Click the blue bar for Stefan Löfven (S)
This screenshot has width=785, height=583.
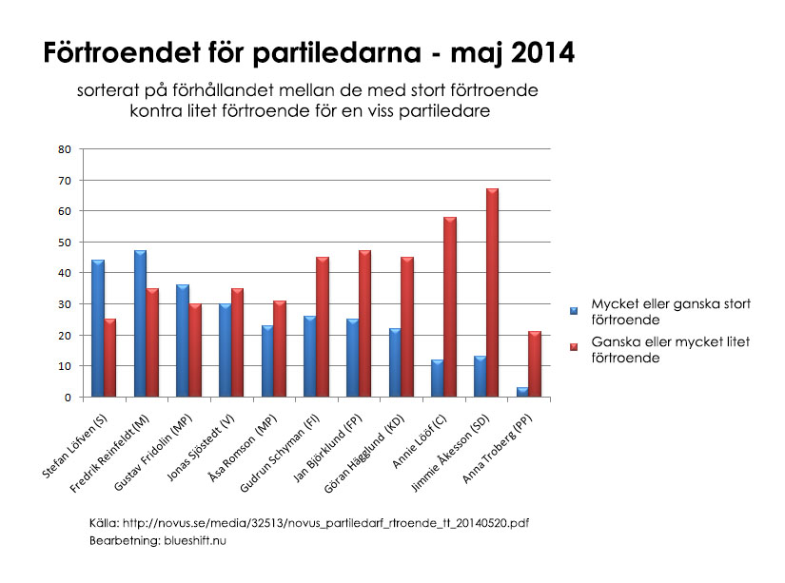98,328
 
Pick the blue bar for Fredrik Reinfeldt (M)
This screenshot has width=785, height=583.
140,323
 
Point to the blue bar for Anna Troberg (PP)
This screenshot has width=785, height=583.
521,392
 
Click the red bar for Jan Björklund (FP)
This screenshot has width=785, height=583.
364,323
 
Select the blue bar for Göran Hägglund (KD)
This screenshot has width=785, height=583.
394,362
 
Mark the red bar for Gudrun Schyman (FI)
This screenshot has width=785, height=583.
322,327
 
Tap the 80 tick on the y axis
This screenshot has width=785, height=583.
65,149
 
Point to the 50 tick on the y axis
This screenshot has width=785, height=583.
65,243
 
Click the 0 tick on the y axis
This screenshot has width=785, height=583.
68,398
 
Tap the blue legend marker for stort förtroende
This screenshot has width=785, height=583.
573,310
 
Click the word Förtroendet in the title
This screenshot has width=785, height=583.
129,54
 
